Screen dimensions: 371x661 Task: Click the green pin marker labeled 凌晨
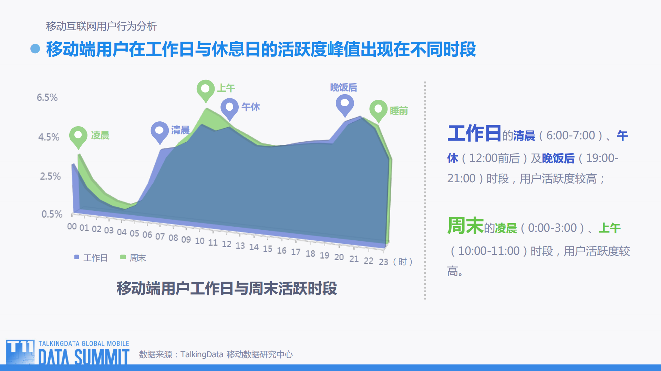(78, 136)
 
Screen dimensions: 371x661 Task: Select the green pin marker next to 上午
(206, 90)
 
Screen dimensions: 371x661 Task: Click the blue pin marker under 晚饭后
(345, 104)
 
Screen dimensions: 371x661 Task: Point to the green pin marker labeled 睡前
(378, 110)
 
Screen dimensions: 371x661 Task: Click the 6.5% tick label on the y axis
(47, 98)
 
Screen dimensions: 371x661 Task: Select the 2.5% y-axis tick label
(50, 176)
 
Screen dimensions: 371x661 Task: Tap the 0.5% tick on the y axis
(52, 214)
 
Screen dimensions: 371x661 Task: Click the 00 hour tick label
(72, 226)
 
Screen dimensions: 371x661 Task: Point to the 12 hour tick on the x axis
(226, 244)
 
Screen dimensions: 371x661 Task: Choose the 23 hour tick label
(383, 262)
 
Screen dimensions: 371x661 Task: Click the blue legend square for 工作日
(77, 257)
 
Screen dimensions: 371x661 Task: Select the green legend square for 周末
(123, 257)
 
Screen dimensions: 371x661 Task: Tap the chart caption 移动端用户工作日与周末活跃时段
(227, 288)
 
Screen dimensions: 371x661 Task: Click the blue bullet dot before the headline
(35, 49)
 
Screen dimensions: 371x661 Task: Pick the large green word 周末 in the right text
(465, 226)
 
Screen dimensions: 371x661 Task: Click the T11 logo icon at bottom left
(20, 352)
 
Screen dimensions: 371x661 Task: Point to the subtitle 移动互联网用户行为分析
(102, 26)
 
